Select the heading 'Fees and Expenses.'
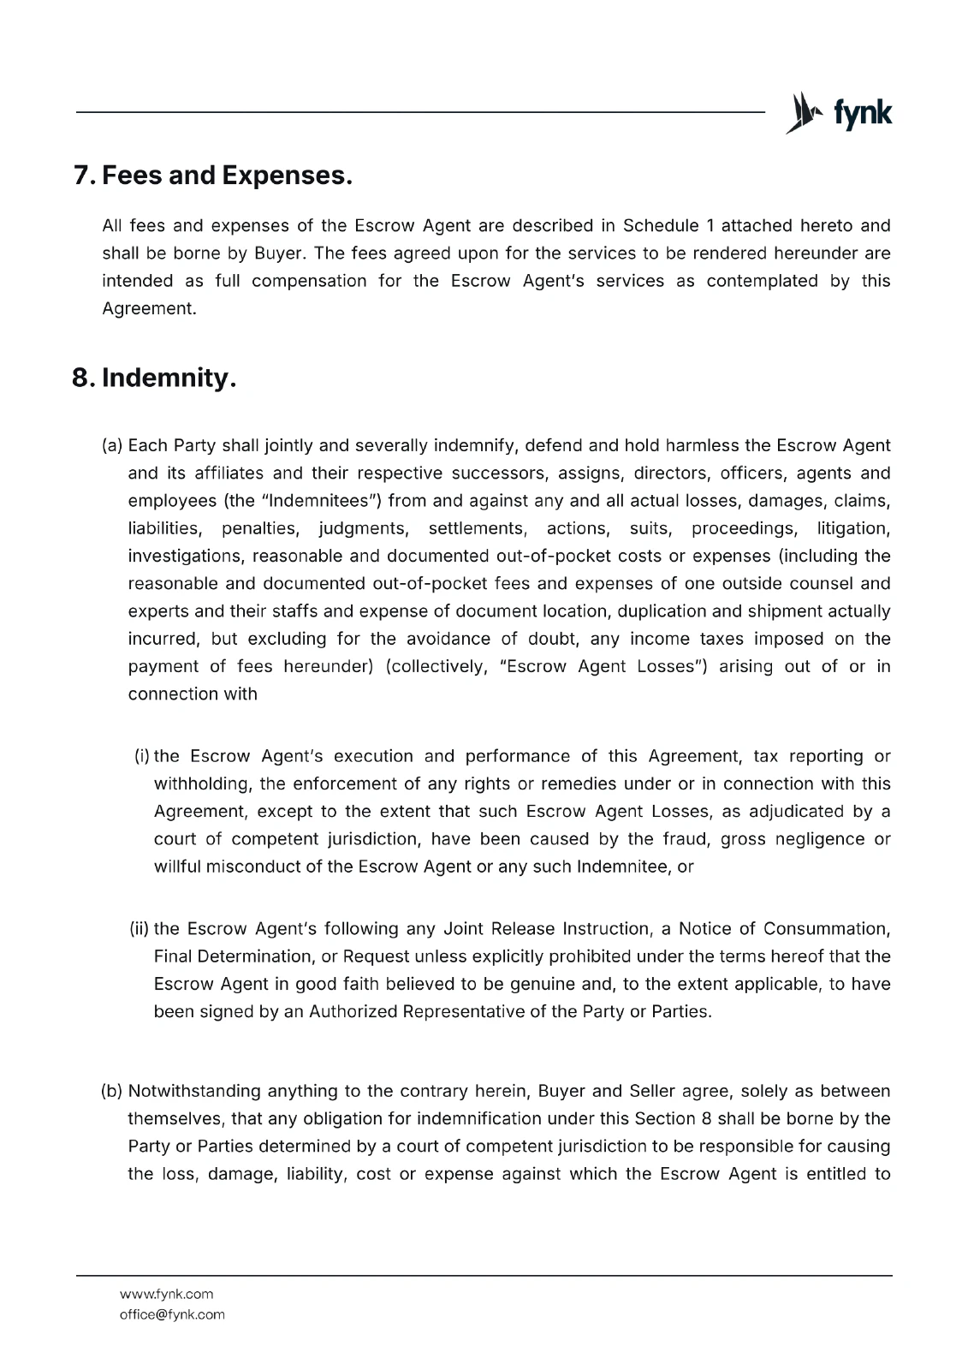pos(227,176)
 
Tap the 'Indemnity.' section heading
pos(168,378)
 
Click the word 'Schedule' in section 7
pos(660,226)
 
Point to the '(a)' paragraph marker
pos(112,446)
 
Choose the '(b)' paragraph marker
pos(112,1091)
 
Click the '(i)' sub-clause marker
pos(142,756)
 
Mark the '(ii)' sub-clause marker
pos(140,929)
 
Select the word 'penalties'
pos(259,528)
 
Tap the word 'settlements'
pos(476,528)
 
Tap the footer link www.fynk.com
pos(166,1294)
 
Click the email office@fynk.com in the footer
pos(172,1314)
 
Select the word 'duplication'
pos(662,611)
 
